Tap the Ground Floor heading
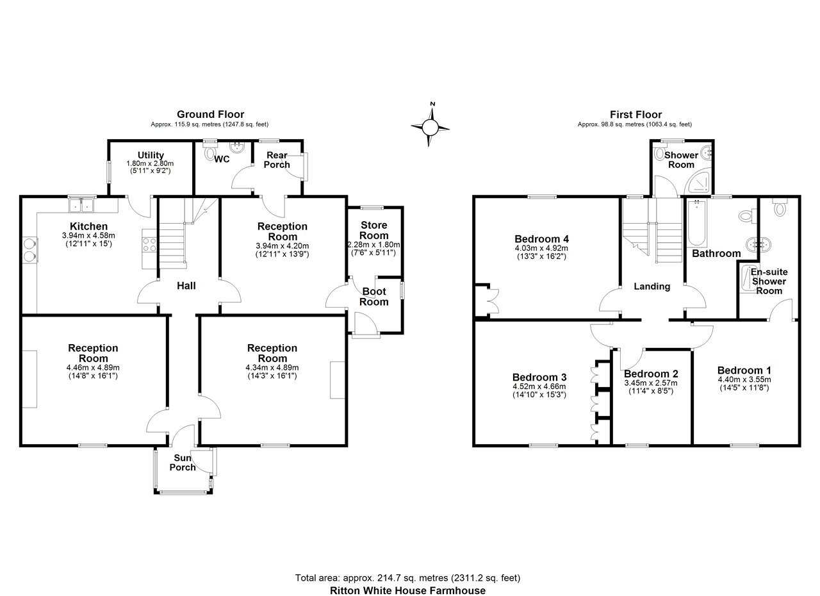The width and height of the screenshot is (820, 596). coord(211,114)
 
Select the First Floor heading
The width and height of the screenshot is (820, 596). coord(636,115)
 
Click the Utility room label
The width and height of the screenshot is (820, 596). coord(151,155)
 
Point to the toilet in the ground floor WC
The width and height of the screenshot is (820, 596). coord(210,153)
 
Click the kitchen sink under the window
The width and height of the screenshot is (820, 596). coord(81,205)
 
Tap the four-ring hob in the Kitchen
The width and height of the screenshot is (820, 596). coord(150,245)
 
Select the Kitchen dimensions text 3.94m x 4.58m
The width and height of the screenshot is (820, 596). coord(88,235)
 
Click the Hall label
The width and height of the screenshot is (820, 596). coord(186,286)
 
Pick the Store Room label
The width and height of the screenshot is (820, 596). coord(373,230)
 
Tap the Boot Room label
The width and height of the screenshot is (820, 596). coord(373,297)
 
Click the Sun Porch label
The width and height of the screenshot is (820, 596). coord(183,462)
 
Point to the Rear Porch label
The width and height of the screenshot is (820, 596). coord(277,160)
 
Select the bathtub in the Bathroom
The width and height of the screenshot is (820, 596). coord(696,224)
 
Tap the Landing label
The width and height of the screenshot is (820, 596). coord(652,286)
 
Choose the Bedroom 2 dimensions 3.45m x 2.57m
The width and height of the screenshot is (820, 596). coord(650,383)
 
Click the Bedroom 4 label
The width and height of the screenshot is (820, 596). coord(541,239)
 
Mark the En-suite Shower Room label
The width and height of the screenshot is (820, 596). coord(769,281)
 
